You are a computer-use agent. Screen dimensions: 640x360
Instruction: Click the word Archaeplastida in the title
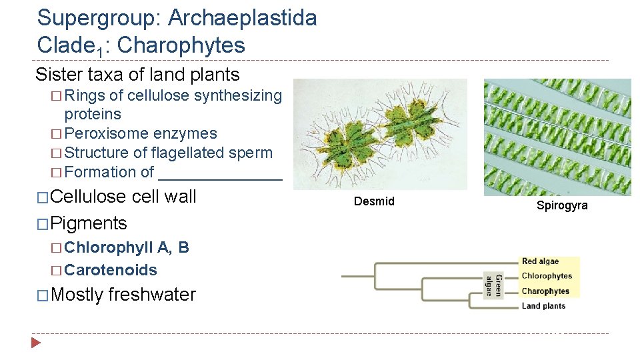(x=242, y=18)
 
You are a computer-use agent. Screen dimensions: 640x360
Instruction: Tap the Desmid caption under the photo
(x=374, y=201)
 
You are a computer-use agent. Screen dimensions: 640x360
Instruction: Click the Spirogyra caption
(x=562, y=205)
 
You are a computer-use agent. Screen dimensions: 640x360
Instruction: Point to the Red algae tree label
(x=540, y=261)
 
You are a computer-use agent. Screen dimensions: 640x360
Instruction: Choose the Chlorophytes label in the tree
(x=547, y=276)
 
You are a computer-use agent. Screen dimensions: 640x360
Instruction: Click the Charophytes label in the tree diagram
(x=545, y=291)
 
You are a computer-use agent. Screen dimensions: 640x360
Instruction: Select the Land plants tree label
(x=543, y=306)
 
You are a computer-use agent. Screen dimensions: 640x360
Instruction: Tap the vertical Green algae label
(x=493, y=283)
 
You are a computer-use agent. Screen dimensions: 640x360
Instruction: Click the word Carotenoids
(x=111, y=270)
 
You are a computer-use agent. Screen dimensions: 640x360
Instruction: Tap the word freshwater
(x=151, y=295)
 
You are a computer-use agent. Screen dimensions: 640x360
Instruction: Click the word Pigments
(x=89, y=223)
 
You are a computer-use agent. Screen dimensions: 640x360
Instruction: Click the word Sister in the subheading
(x=57, y=74)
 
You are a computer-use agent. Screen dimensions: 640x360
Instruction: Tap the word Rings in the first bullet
(x=85, y=95)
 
